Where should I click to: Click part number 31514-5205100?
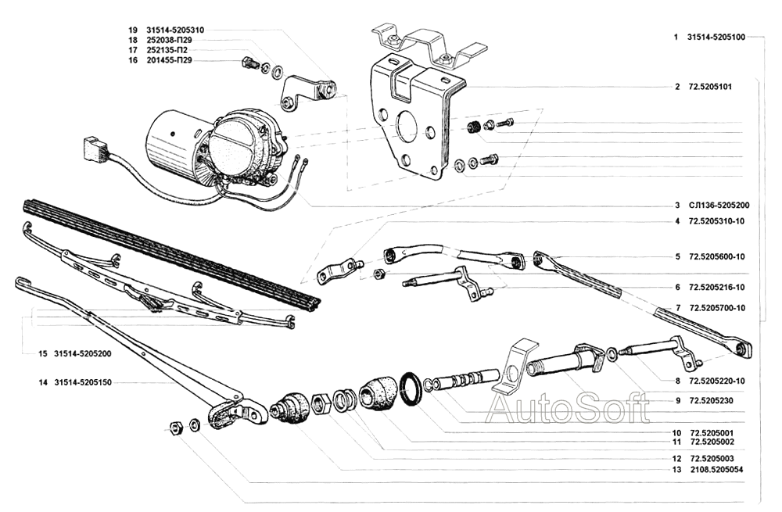[716, 38]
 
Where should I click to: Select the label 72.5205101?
[710, 87]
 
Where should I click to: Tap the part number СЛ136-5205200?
[719, 206]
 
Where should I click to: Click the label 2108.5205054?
[717, 471]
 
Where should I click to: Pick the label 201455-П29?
[169, 60]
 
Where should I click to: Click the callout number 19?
[133, 29]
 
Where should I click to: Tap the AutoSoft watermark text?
[567, 407]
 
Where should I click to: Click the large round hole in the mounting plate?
[407, 127]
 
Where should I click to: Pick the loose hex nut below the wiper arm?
[175, 427]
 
